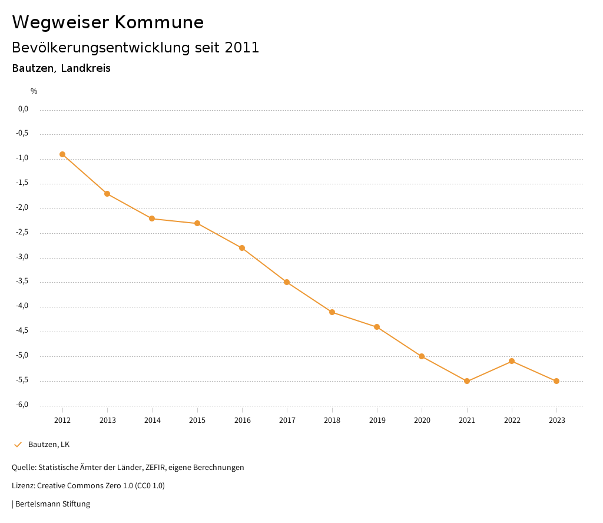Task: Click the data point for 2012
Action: (62, 154)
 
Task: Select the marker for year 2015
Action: (197, 223)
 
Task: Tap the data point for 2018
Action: (332, 312)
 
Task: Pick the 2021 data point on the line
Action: (467, 381)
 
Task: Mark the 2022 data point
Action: (512, 361)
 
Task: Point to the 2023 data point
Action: (556, 381)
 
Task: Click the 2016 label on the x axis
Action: (242, 421)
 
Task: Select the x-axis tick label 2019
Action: (377, 421)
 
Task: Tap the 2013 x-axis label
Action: (107, 421)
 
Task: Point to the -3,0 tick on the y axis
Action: (22, 257)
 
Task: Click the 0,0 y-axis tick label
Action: (24, 109)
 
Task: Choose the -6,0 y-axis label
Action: (22, 405)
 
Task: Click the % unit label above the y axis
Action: (34, 91)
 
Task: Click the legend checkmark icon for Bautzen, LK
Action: (18, 445)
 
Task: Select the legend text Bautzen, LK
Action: (49, 445)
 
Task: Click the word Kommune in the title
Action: (159, 22)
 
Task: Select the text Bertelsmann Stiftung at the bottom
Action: (52, 504)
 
